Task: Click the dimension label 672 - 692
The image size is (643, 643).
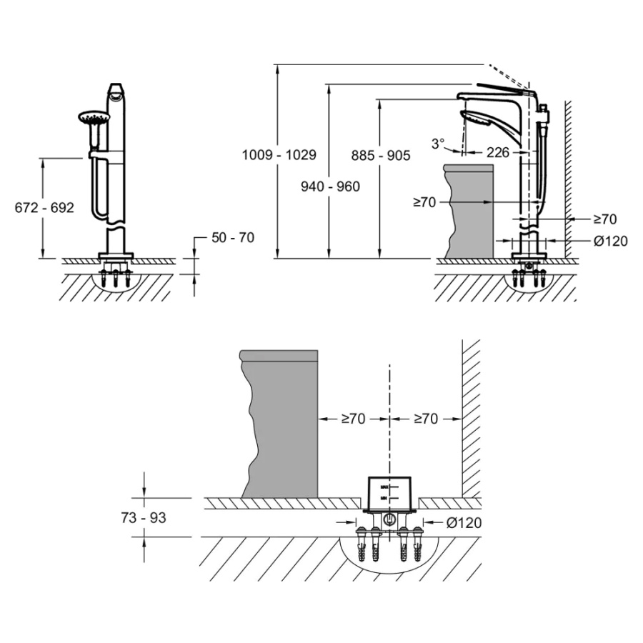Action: point(44,208)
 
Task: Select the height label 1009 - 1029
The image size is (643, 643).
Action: point(279,154)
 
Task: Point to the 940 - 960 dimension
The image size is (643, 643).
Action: point(331,186)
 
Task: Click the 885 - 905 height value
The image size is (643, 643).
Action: point(381,154)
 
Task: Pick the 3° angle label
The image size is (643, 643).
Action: point(437,143)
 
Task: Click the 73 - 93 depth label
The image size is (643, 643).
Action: point(143,517)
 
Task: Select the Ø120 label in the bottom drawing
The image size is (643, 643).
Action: point(463,523)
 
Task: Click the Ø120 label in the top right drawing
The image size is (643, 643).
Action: point(610,241)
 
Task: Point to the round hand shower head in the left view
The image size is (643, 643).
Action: point(91,119)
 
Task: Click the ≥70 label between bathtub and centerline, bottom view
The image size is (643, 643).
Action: point(353,419)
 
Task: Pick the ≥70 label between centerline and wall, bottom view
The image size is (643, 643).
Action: point(426,419)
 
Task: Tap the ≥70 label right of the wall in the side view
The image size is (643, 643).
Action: point(604,219)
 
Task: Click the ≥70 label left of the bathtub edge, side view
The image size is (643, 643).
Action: point(424,203)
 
